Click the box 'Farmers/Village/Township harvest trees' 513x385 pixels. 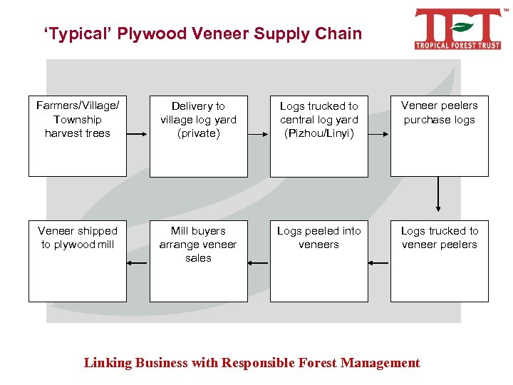[78, 135]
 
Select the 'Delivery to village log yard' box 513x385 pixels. [198, 135]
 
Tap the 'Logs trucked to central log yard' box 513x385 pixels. [319, 135]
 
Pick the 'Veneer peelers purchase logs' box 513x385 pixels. [439, 135]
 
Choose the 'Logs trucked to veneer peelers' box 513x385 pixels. [439, 261]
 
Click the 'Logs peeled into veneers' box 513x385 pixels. [319, 261]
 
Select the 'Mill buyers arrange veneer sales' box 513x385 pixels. [198, 261]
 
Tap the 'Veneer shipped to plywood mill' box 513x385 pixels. [78, 261]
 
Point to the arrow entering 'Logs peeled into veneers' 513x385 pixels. [379, 263]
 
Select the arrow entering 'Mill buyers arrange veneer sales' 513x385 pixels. [258, 263]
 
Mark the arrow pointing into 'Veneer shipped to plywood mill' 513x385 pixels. [137, 263]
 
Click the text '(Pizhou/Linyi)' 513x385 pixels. [319, 133]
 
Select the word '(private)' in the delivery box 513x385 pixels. [198, 133]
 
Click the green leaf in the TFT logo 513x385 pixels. [461, 28]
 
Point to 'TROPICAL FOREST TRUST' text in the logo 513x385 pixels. [457, 45]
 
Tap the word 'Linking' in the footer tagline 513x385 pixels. [107, 363]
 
